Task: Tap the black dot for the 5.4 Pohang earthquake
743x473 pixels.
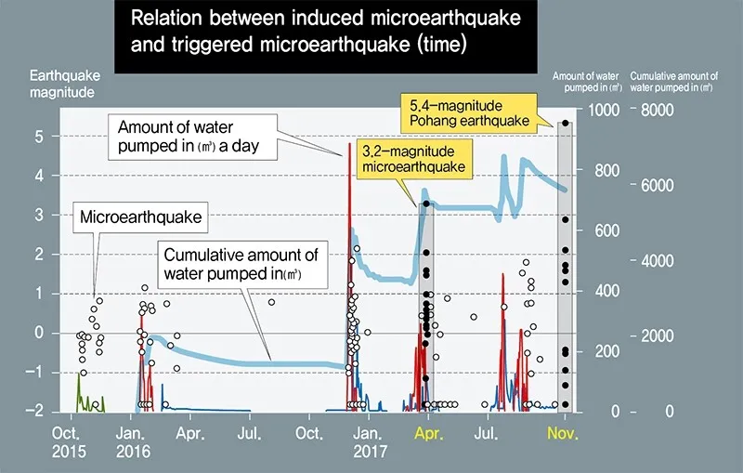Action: click(x=565, y=123)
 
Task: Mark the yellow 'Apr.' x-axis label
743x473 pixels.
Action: click(x=428, y=433)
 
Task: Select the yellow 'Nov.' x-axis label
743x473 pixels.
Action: click(x=565, y=433)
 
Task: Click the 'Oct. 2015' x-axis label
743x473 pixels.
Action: click(x=69, y=441)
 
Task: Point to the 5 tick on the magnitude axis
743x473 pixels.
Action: click(x=39, y=137)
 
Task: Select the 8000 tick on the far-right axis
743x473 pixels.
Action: click(x=663, y=110)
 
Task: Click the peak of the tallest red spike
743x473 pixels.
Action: click(x=349, y=143)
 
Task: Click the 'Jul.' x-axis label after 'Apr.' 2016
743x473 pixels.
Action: click(x=251, y=433)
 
